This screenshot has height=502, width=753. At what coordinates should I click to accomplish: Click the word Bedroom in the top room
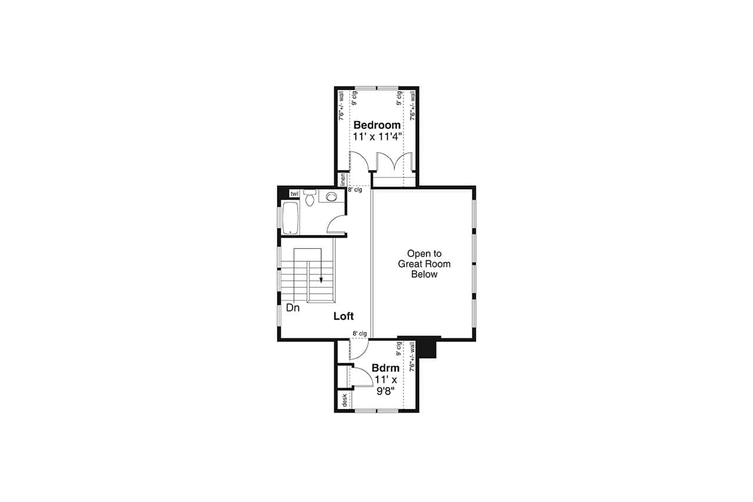click(x=377, y=125)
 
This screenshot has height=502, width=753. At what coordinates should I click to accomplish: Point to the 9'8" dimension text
click(x=385, y=390)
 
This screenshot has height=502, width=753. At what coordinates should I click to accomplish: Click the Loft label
click(x=344, y=317)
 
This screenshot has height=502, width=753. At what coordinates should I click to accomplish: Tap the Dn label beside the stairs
click(x=292, y=307)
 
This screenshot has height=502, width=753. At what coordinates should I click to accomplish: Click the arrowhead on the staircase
click(x=321, y=280)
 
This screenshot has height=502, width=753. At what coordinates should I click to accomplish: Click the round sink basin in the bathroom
click(x=332, y=197)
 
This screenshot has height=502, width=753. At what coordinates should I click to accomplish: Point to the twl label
click(x=294, y=194)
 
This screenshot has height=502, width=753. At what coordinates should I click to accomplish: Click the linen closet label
click(x=342, y=178)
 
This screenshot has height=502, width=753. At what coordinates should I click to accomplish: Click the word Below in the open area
click(x=424, y=275)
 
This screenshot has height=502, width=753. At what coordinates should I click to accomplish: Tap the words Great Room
click(x=424, y=264)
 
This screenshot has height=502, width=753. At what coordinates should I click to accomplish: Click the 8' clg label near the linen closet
click(x=355, y=190)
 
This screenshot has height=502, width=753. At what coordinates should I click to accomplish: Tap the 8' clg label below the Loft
click(x=359, y=334)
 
